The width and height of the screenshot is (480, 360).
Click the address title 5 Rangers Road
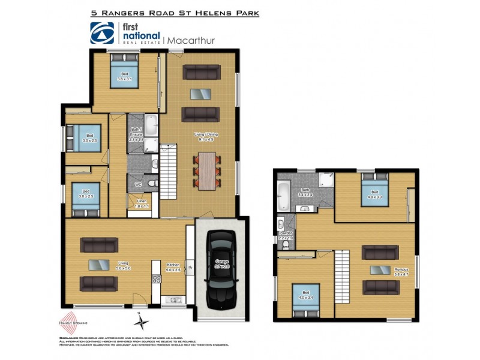[x=174, y=12]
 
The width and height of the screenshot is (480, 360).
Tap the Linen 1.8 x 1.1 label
[x=142, y=204]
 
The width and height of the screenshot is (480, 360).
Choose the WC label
[x=137, y=184]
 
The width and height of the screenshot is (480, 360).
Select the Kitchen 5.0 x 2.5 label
[x=173, y=266]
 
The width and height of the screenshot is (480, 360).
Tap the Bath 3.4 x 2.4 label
[x=305, y=192]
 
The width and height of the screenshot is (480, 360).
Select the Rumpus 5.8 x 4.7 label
[x=401, y=271]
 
